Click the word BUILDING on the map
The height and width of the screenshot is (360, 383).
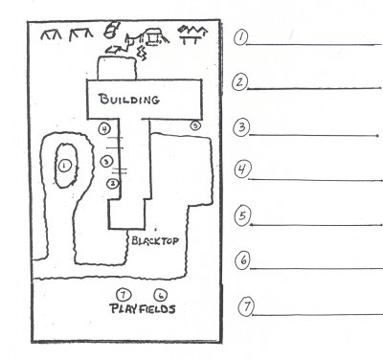point(129,100)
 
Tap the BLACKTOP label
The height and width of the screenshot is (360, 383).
point(155,240)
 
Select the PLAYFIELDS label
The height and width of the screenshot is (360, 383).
point(143,309)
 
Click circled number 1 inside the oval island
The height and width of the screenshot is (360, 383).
point(64,166)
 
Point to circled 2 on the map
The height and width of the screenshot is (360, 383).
point(113,184)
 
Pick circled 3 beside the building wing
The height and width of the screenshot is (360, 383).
point(106,162)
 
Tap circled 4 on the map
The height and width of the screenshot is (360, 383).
point(104,129)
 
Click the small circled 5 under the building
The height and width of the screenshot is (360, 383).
point(195,125)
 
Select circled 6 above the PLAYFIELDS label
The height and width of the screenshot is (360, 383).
point(161,295)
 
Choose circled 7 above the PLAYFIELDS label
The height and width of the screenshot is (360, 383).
point(124,295)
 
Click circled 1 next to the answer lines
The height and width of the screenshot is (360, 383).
point(240,37)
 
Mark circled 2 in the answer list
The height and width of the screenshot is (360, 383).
point(240,82)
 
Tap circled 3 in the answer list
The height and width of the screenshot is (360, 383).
point(241,127)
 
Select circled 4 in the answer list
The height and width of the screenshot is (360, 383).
point(242,169)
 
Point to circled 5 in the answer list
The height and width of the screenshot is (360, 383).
point(242,214)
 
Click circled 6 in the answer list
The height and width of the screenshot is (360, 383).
point(243,260)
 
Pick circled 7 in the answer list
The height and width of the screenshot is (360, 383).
point(246,306)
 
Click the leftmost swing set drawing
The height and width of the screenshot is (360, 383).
point(51,35)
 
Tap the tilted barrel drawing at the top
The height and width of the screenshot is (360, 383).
point(111,30)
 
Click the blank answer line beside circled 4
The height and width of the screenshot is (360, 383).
point(316,180)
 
